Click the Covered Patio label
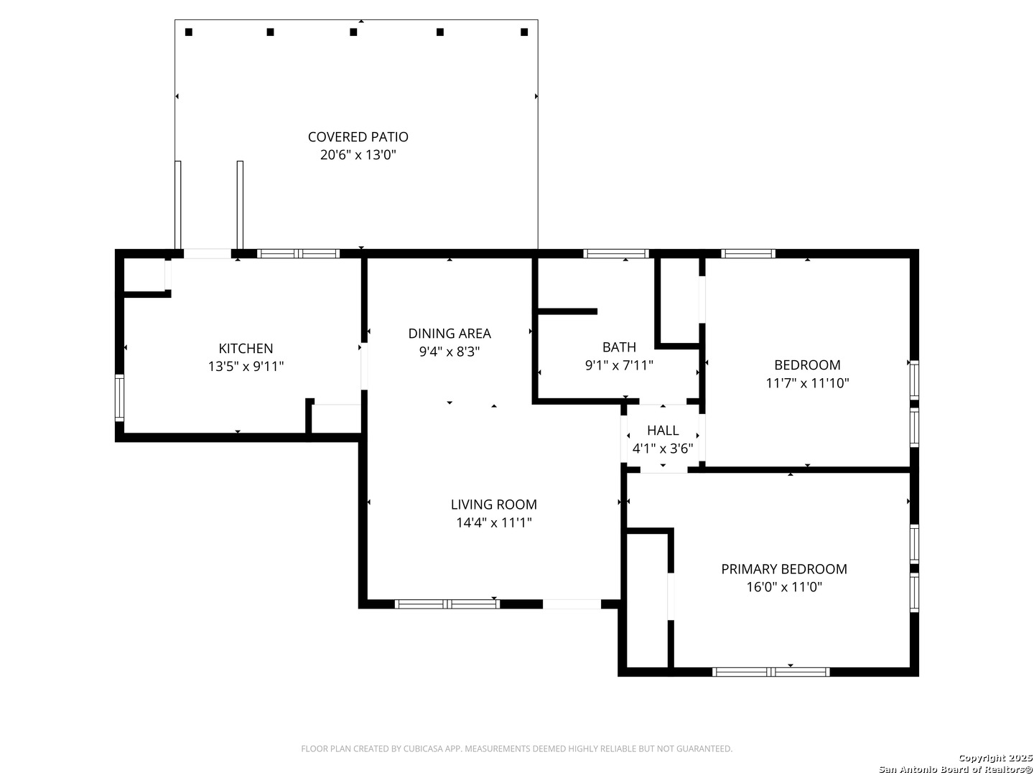358,137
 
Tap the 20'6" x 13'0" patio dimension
358,155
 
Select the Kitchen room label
246,349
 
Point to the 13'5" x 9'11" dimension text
246,367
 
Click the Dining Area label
450,334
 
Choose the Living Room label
494,504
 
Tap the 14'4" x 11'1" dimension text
494,522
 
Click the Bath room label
619,347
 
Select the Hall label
663,431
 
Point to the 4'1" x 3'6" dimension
663,448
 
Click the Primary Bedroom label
784,569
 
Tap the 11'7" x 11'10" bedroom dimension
807,383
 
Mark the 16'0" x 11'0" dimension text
784,587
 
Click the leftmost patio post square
188,32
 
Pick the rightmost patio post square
524,32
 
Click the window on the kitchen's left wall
120,398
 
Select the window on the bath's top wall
615,253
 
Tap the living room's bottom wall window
447,604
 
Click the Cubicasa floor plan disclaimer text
517,748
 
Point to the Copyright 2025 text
995,758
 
